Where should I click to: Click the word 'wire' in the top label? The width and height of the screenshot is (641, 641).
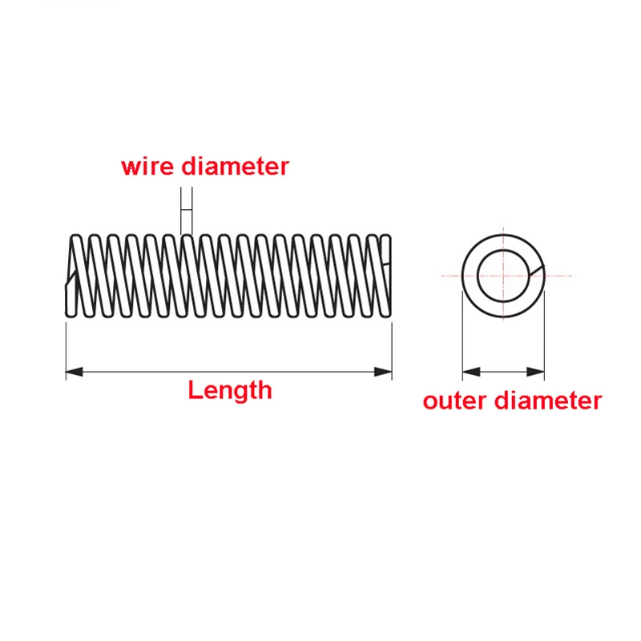coord(148,167)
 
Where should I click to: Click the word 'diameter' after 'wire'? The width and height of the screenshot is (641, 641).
coord(235,167)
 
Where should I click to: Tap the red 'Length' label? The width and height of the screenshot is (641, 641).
coord(230,390)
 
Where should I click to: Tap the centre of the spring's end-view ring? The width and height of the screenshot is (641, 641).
coord(503,275)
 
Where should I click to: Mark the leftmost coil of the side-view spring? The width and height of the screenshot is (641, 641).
coord(73,275)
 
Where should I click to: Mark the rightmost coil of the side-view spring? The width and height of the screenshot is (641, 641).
coord(386,275)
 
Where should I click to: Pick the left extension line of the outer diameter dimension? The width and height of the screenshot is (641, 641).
coord(462,337)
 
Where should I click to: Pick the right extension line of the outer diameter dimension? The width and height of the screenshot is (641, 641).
coord(544,337)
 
